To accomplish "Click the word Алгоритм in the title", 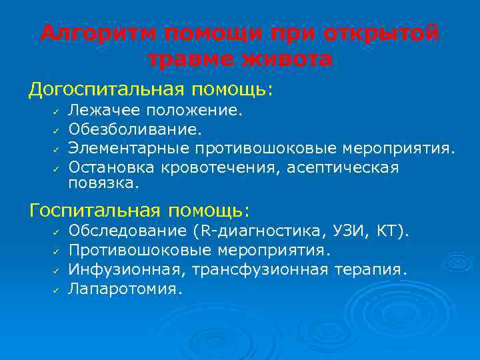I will (x=96, y=34).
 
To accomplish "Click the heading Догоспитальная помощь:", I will (x=151, y=89).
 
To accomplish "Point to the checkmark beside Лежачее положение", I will (x=57, y=110).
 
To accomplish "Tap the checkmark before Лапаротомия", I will (x=57, y=290).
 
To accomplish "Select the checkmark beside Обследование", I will (x=57, y=232).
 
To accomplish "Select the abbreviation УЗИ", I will (x=347, y=231).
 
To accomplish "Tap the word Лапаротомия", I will (x=123, y=289).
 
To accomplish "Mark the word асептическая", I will (x=343, y=167).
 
